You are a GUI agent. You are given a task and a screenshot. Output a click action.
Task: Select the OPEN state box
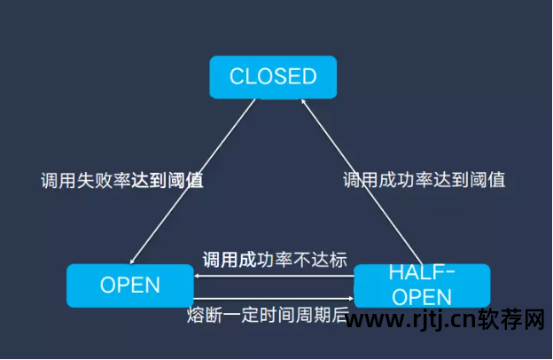click(129, 285)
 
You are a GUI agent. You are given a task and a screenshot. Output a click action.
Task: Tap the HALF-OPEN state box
click(421, 285)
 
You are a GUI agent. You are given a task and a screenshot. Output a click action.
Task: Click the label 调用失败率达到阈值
click(122, 181)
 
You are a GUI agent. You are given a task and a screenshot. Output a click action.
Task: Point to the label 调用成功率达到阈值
click(424, 180)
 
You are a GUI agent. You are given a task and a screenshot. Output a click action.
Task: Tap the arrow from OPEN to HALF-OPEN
click(275, 299)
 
